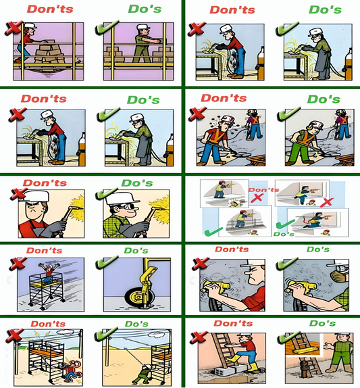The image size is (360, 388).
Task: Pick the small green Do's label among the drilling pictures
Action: [283, 234]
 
